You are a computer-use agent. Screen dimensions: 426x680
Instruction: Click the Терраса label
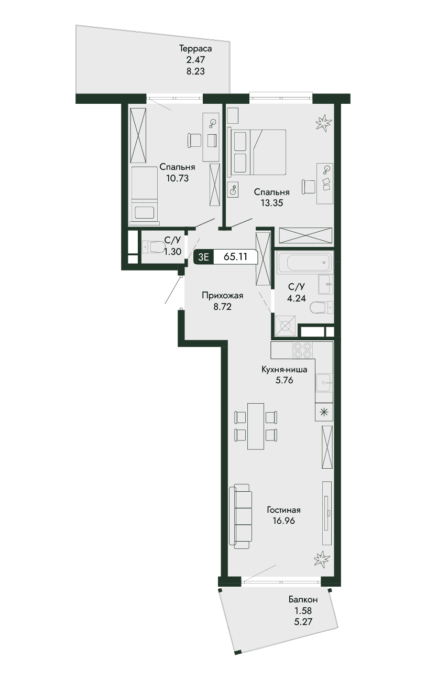[x=195, y=49]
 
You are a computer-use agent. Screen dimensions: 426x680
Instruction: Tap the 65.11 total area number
[x=235, y=257]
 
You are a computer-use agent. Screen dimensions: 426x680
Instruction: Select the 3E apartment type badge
[x=204, y=257]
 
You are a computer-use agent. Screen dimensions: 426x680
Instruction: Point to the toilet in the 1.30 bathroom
[x=153, y=247]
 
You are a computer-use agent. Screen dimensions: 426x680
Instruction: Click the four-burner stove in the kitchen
[x=302, y=350]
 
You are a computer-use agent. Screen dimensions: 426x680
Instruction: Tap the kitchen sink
[x=324, y=383]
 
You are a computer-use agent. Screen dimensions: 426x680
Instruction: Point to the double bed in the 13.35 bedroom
[x=258, y=152]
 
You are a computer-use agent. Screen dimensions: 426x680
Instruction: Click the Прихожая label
[x=223, y=295]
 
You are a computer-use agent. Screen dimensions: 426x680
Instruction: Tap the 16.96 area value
[x=283, y=521]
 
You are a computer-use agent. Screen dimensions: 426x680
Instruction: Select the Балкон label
[x=303, y=600]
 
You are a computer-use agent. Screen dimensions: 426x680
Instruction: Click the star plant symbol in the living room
[x=321, y=558]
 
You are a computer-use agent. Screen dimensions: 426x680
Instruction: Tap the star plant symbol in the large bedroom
[x=323, y=123]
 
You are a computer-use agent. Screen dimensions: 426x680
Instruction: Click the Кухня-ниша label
[x=285, y=370]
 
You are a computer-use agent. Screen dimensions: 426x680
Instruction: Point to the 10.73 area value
[x=178, y=178]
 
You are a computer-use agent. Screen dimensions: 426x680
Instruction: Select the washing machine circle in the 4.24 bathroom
[x=286, y=326]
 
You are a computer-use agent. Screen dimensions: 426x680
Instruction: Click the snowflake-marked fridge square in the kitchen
[x=324, y=412]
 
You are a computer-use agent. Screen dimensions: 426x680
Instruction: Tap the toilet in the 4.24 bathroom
[x=322, y=308]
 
